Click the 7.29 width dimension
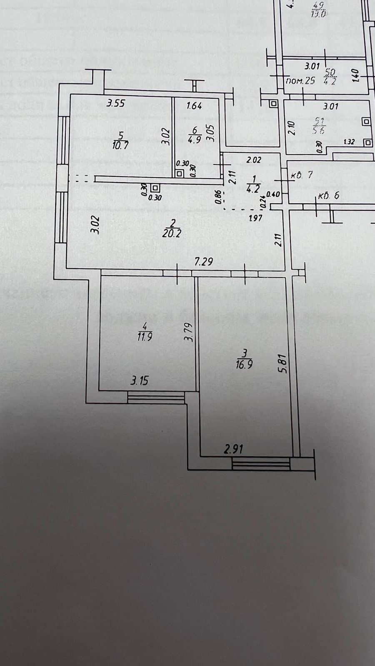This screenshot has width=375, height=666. [204, 261]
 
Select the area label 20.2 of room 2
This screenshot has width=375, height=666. [172, 233]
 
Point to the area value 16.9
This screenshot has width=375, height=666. [244, 365]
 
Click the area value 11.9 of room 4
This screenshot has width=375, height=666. [145, 337]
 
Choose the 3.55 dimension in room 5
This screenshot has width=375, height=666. [115, 103]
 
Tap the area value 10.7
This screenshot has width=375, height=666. [120, 145]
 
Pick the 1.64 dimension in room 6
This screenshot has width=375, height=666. [194, 106]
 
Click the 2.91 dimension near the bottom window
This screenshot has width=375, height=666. [233, 449]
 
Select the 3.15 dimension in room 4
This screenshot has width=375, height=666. [140, 380]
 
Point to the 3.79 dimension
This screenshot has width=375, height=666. [189, 332]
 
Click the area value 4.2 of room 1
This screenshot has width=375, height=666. [253, 188]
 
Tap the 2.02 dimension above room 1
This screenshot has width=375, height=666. [253, 159]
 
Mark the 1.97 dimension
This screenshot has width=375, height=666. [255, 217]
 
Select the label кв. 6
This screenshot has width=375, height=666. [329, 196]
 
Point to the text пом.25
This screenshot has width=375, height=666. [301, 81]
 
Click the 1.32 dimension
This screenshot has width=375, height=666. [349, 142]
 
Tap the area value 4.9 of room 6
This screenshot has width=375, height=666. [195, 139]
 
